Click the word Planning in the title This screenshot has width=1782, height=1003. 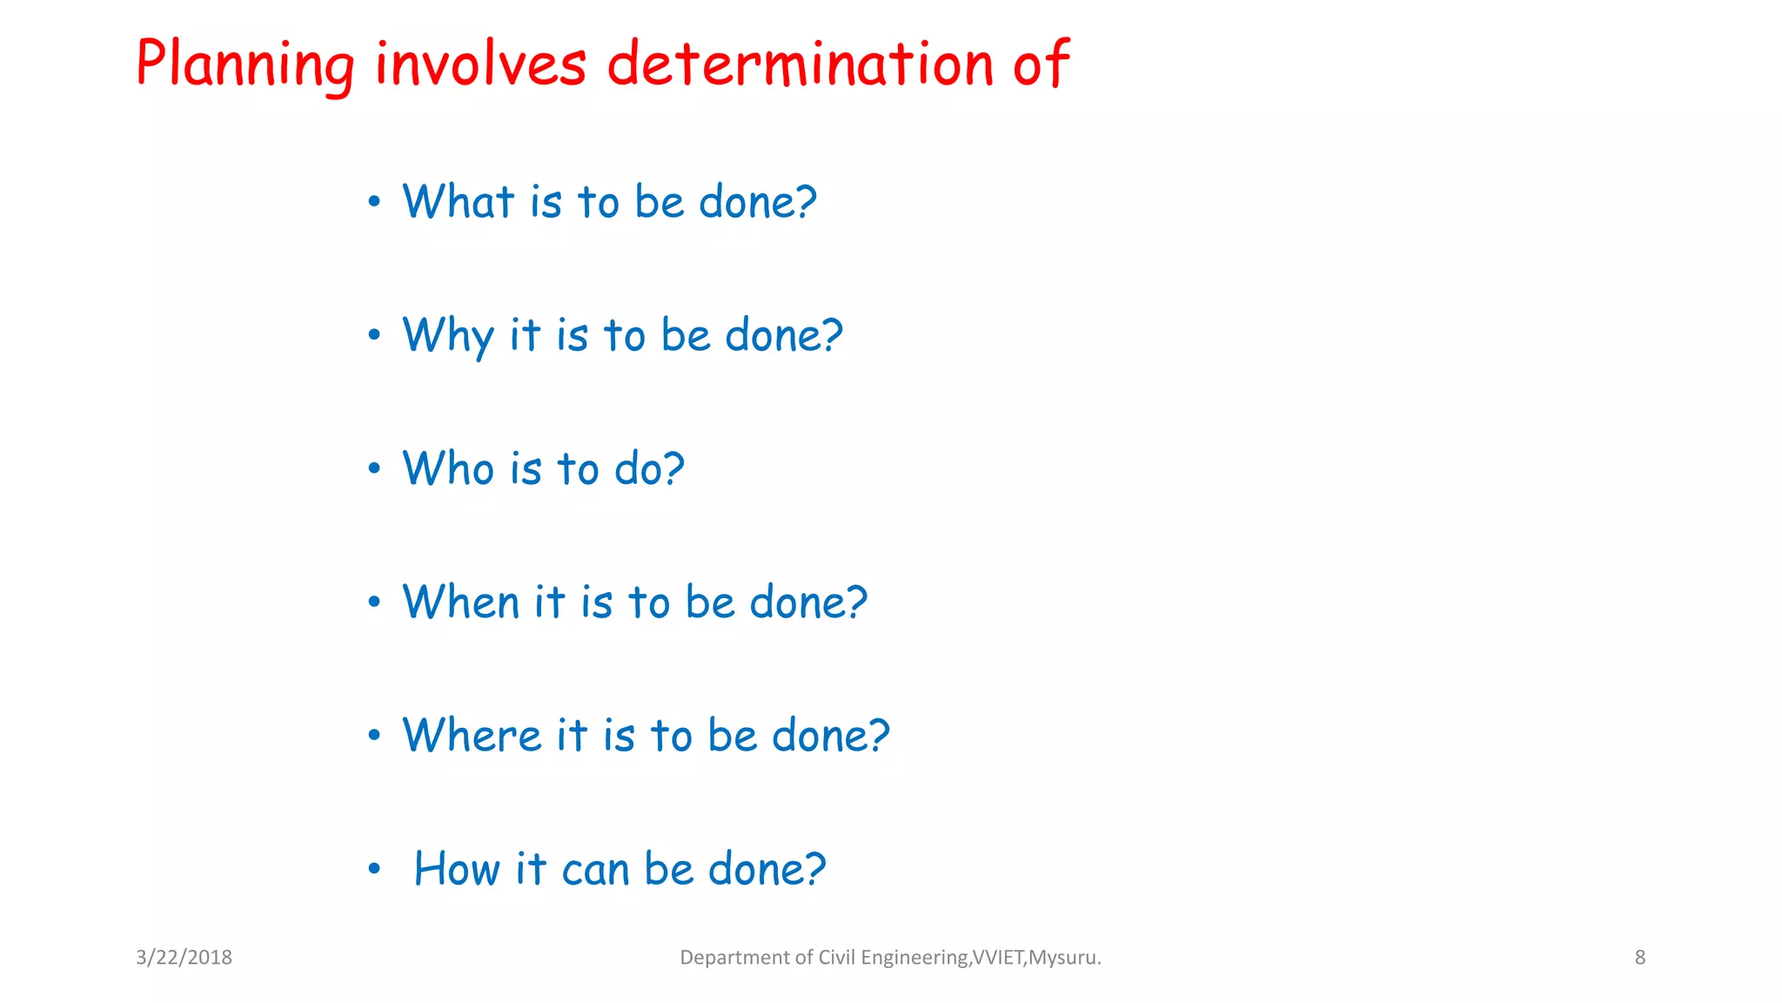pos(245,65)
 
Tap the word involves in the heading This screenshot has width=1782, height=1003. pos(480,65)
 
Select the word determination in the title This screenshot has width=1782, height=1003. pos(800,65)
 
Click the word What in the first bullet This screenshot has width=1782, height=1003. pos(458,202)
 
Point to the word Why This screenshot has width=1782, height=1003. pos(447,336)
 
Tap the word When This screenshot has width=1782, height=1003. pos(460,602)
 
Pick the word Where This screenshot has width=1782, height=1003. pos(472,736)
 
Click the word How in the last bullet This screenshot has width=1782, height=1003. pos(456,869)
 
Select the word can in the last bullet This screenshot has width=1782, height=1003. pos(595,870)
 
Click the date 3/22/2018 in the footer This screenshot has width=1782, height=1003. pos(184,958)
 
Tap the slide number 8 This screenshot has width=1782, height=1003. pos(1639,958)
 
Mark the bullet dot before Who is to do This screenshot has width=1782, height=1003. pos(374,469)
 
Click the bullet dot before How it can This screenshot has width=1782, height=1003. pos(374,869)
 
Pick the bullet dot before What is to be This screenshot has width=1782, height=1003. pos(374,202)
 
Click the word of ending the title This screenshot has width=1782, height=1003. pos(1041,65)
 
